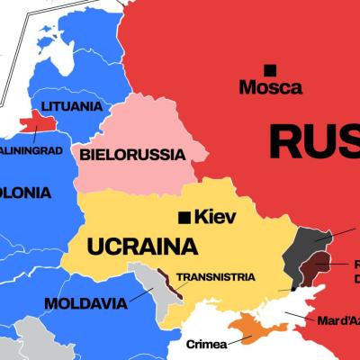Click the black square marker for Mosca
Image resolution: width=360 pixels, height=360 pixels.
tap(269, 69)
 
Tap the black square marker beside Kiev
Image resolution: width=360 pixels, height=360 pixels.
tap(184, 216)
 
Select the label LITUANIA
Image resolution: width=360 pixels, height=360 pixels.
tap(71, 106)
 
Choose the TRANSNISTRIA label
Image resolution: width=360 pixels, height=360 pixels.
tap(215, 277)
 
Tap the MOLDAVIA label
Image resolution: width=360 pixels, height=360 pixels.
tap(85, 302)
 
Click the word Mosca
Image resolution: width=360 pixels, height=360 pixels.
tap(270, 88)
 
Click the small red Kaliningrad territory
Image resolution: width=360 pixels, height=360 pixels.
tap(37, 121)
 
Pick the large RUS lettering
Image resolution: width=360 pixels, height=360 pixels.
tap(315, 141)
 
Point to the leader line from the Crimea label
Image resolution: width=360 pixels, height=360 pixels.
tap(239, 339)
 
